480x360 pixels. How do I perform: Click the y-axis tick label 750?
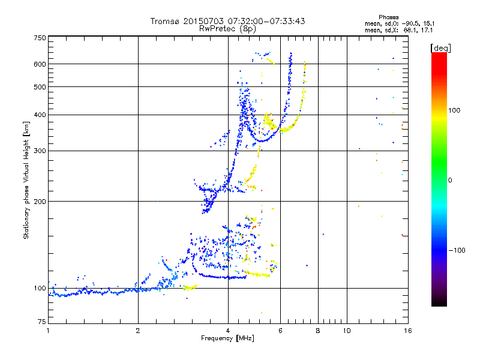[40, 37]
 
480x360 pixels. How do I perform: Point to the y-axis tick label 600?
[40, 64]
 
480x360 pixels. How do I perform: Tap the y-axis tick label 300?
[40, 151]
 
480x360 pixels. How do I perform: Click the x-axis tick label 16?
[408, 331]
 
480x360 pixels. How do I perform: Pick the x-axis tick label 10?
[346, 331]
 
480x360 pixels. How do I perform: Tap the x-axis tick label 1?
[48, 331]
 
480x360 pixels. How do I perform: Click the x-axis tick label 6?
[280, 331]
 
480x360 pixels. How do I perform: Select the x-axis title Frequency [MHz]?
[227, 338]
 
